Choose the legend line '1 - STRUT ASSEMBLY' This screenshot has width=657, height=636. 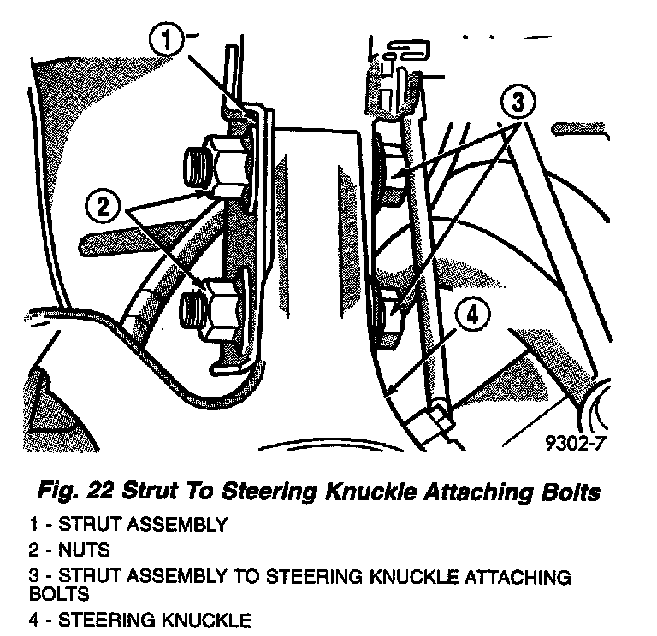[x=127, y=525]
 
